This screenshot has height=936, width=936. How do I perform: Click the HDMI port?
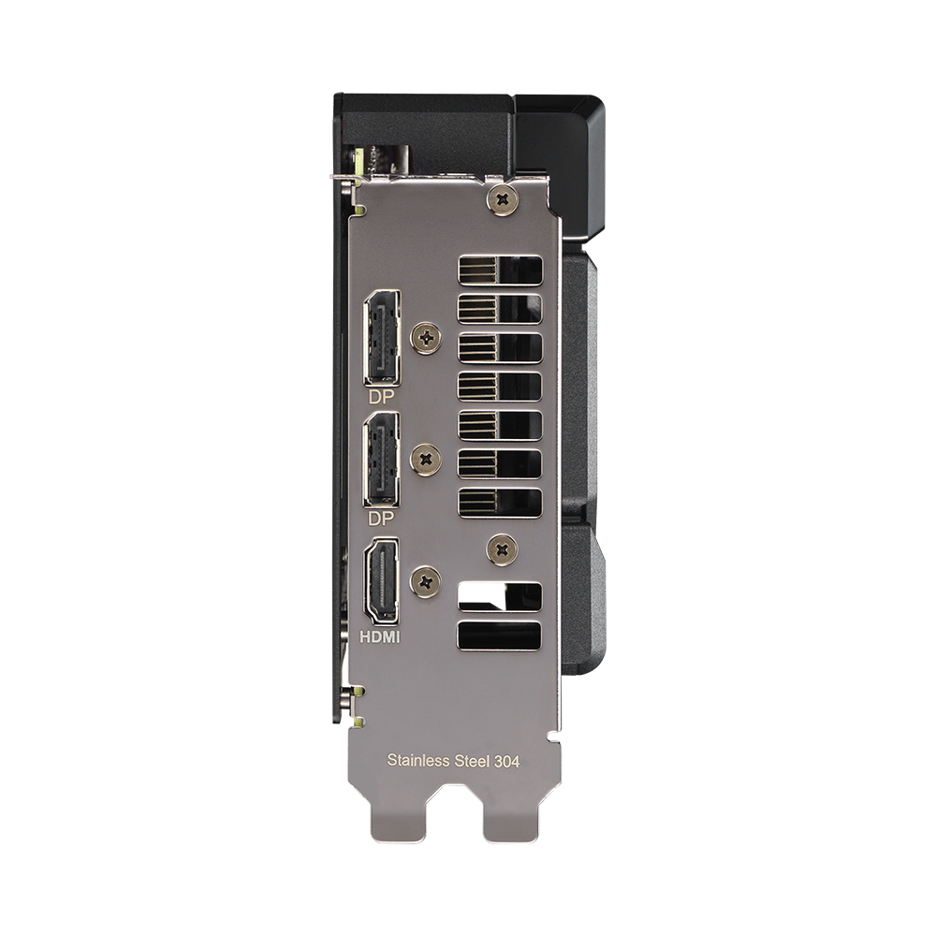point(382,581)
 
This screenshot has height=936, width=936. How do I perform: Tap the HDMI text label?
point(381,636)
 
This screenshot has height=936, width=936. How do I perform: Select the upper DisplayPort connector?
point(381,337)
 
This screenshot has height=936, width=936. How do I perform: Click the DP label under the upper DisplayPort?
point(381,396)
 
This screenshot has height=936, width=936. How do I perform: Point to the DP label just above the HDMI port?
point(381,518)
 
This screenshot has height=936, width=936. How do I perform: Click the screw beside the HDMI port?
point(427,581)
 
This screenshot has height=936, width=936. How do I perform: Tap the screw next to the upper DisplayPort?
point(427,337)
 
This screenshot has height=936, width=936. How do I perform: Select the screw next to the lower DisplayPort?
point(427,459)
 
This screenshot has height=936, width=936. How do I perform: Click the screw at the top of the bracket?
point(504,198)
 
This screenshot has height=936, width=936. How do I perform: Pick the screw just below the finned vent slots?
point(504,549)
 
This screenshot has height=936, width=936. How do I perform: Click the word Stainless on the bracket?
point(417,760)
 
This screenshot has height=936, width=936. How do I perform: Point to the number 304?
point(507,760)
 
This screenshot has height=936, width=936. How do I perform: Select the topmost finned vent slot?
point(500,271)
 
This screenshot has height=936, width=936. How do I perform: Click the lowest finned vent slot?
point(500,502)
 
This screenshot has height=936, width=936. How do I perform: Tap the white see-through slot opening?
point(500,596)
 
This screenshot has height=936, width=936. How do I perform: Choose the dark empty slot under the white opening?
point(500,636)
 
